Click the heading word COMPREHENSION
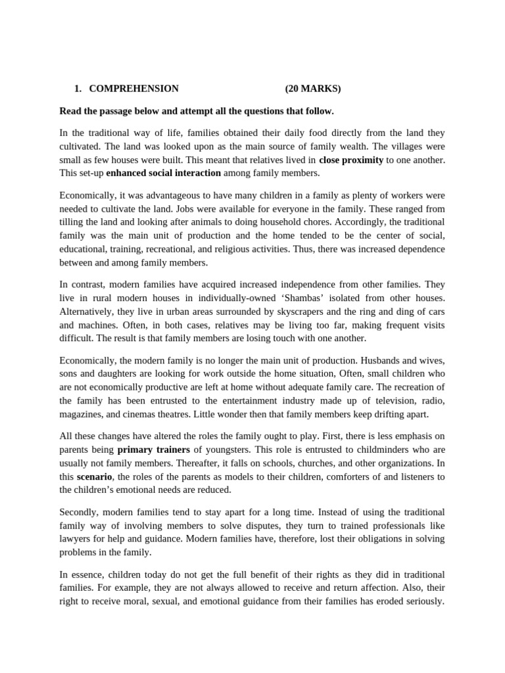pyautogui.click(x=133, y=89)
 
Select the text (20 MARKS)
pyautogui.click(x=313, y=89)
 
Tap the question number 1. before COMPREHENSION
pyautogui.click(x=77, y=89)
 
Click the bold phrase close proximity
pyautogui.click(x=350, y=160)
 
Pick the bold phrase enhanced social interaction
pyautogui.click(x=163, y=173)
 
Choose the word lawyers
pyautogui.click(x=77, y=538)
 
